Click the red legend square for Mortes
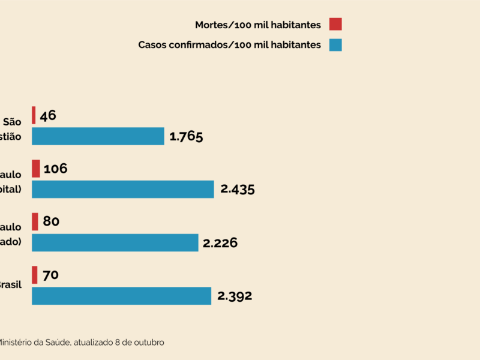tap(335, 25)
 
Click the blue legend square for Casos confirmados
tap(335, 45)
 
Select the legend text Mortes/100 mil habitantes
tap(258, 25)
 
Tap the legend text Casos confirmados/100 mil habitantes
tap(230, 45)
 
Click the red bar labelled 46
tap(34, 115)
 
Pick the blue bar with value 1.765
tap(98, 136)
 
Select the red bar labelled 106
tap(36, 168)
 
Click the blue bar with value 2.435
tap(123, 189)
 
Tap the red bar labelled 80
tap(35, 221)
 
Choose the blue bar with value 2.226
tap(115, 242)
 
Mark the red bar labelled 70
tap(35, 275)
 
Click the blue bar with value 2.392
tap(121, 296)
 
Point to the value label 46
tap(48, 115)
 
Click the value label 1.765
tap(186, 136)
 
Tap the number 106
tap(55, 169)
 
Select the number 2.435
tap(238, 189)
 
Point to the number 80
tap(51, 221)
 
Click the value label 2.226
tap(220, 242)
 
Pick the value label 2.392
tap(235, 296)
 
